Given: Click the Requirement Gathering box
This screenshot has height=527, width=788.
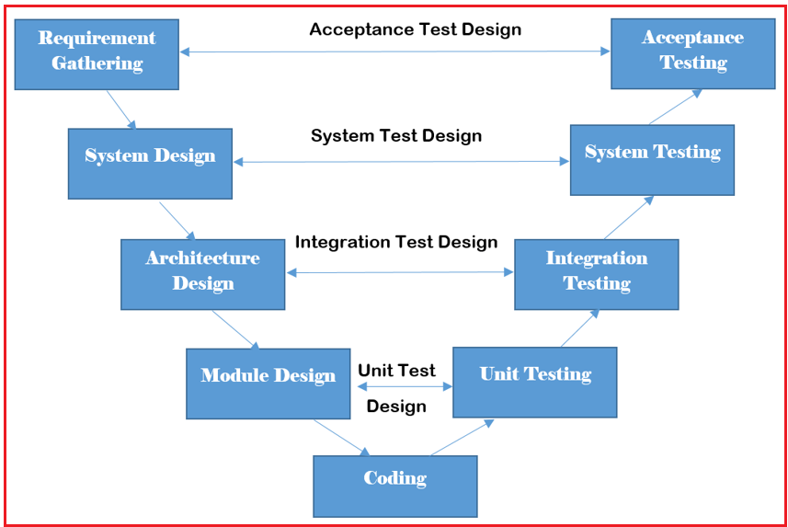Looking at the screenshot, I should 97,52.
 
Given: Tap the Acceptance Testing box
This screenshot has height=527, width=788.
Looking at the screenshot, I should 692,52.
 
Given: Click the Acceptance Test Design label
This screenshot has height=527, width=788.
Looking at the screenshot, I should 415,29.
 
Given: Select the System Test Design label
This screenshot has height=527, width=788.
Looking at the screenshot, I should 395,136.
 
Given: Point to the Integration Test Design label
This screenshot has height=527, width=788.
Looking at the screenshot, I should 395,243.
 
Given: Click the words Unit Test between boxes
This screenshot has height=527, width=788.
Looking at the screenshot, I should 396,371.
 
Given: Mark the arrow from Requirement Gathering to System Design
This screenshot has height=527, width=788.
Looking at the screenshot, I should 121,109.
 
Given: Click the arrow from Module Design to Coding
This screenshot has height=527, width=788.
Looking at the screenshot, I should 341,438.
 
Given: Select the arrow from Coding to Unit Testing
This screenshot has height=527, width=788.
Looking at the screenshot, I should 462,438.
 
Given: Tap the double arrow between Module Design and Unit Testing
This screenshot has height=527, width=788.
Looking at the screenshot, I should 402,387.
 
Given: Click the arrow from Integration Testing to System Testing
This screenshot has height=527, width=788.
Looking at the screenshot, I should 629,217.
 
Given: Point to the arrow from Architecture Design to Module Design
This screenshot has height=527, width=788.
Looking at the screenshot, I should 235,329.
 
